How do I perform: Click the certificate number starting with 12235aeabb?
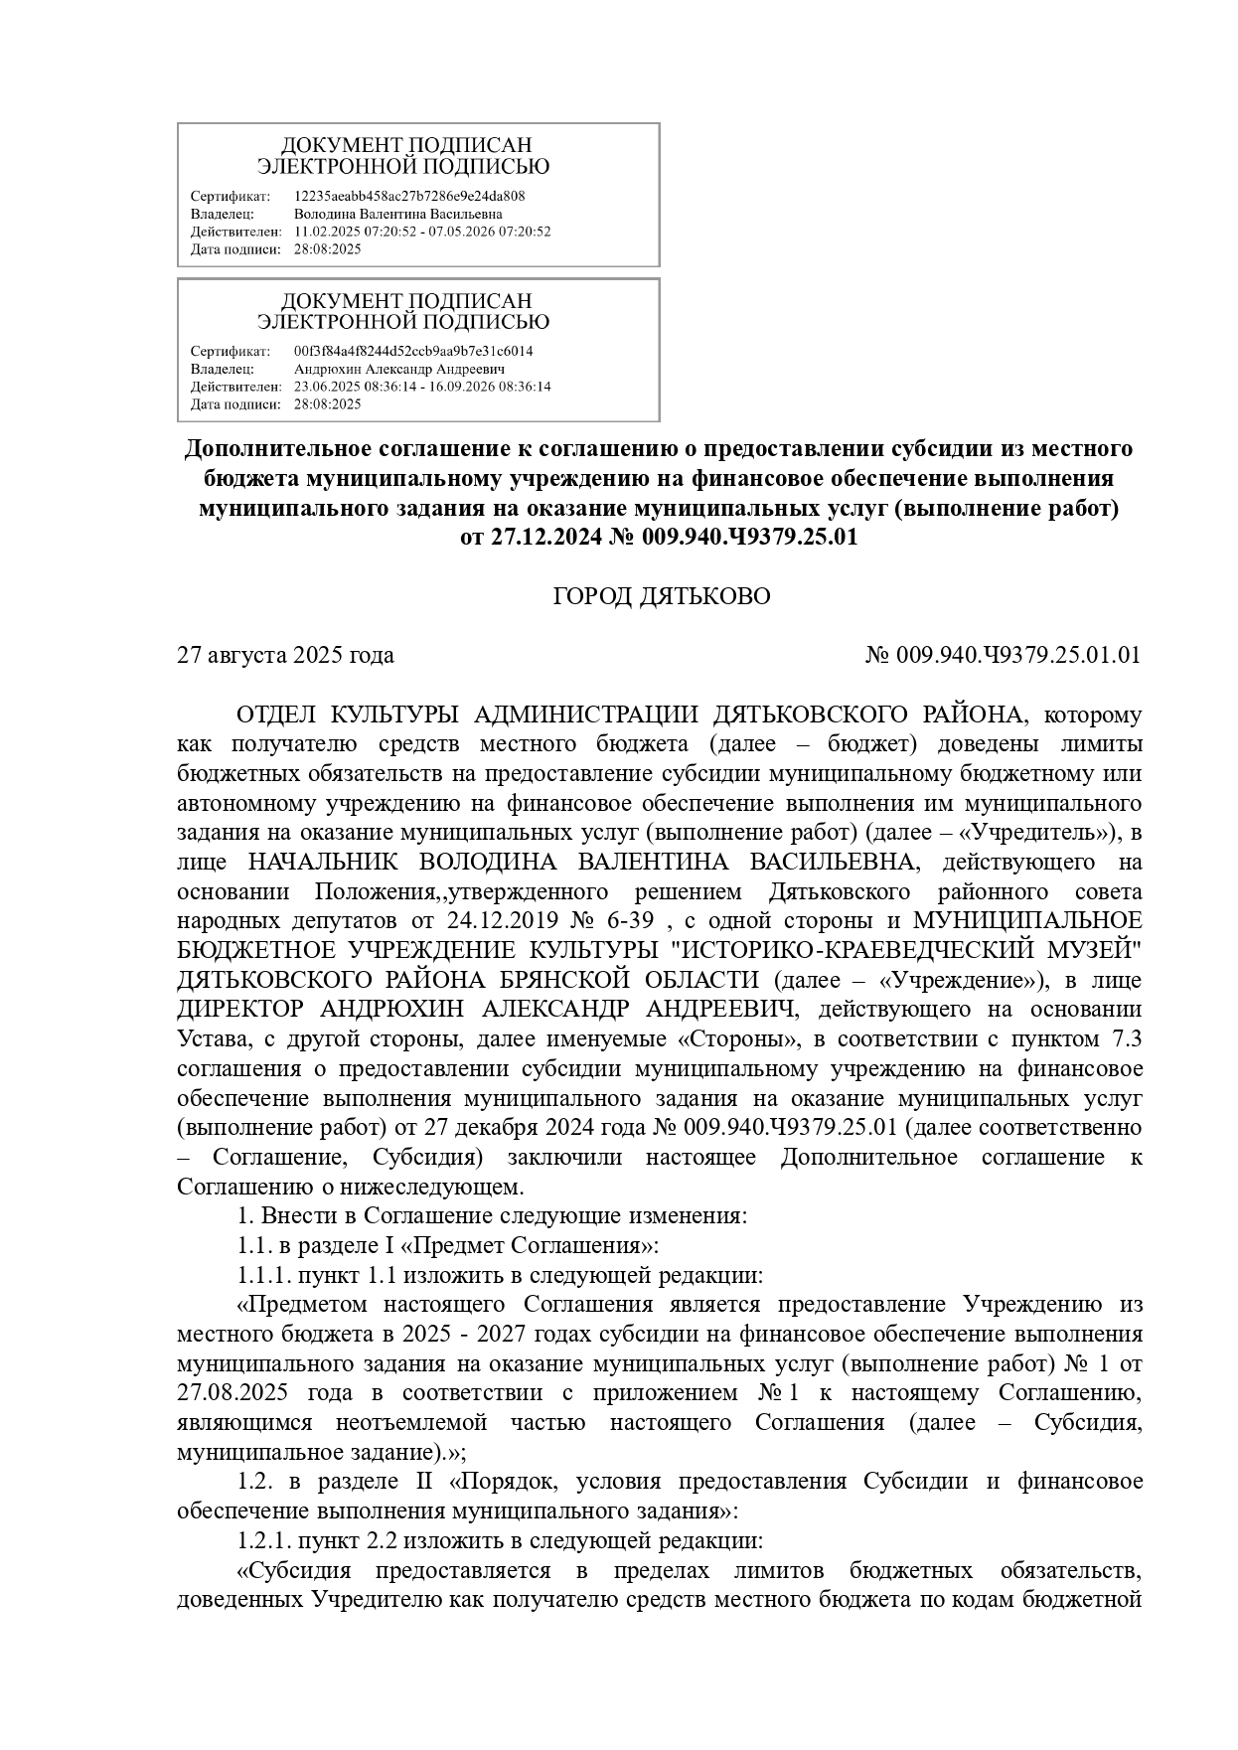click(409, 196)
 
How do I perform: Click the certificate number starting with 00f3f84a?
click(413, 351)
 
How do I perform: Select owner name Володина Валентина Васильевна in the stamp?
click(397, 214)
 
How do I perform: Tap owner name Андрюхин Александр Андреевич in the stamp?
click(399, 369)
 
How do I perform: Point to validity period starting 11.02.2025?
click(422, 232)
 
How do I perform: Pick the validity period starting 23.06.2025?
click(422, 387)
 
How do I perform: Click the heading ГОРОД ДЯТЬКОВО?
click(661, 596)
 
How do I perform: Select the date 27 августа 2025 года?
click(285, 655)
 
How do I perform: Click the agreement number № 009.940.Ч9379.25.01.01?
click(1004, 655)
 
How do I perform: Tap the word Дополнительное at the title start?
click(277, 449)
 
